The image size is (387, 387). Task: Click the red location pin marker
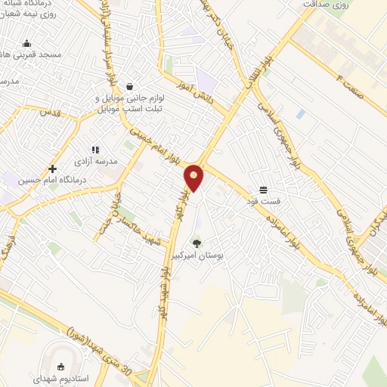(x=194, y=177)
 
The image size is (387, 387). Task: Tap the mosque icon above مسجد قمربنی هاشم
(x=27, y=44)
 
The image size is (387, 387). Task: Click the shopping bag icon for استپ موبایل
(x=131, y=85)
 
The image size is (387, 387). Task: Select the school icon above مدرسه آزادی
(x=95, y=150)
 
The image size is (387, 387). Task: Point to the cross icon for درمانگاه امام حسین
(x=52, y=169)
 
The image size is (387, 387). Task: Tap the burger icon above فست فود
(x=262, y=190)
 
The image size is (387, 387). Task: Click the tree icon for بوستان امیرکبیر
(x=197, y=243)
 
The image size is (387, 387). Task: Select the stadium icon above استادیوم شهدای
(x=61, y=366)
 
